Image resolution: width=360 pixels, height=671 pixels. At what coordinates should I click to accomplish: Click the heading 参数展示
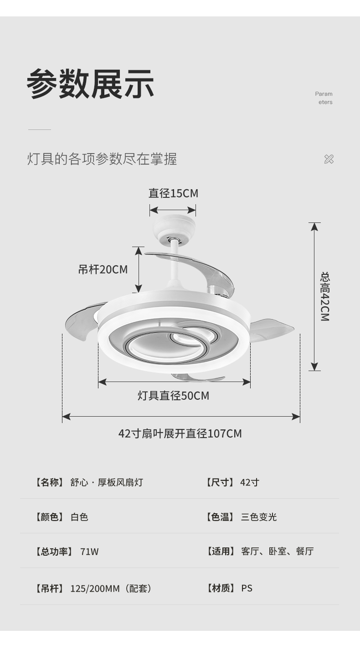click(90, 84)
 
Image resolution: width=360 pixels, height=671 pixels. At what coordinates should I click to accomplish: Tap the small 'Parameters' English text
click(324, 98)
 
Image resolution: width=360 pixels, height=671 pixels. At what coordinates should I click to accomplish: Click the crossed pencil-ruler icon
click(329, 159)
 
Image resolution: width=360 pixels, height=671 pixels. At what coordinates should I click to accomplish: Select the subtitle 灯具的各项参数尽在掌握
click(102, 159)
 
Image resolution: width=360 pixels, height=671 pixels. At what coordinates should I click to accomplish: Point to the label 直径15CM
click(173, 193)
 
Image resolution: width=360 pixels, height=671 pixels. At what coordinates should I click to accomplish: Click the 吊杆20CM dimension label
click(103, 269)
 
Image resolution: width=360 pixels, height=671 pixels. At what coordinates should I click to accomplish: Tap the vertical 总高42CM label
click(324, 296)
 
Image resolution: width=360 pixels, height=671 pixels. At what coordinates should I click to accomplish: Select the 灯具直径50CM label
click(173, 396)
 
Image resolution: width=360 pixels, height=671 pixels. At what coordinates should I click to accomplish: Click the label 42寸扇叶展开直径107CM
click(180, 434)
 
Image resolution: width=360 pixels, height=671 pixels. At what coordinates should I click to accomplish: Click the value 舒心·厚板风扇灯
click(107, 482)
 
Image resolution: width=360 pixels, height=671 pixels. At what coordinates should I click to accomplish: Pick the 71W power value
click(89, 552)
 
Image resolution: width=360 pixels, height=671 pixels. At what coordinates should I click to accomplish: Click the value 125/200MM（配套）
click(111, 588)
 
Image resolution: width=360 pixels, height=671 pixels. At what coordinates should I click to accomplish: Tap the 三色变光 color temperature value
click(259, 517)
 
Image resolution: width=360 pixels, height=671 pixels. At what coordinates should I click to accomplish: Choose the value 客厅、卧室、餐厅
click(277, 552)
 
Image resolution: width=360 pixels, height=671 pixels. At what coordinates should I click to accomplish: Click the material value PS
click(247, 588)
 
